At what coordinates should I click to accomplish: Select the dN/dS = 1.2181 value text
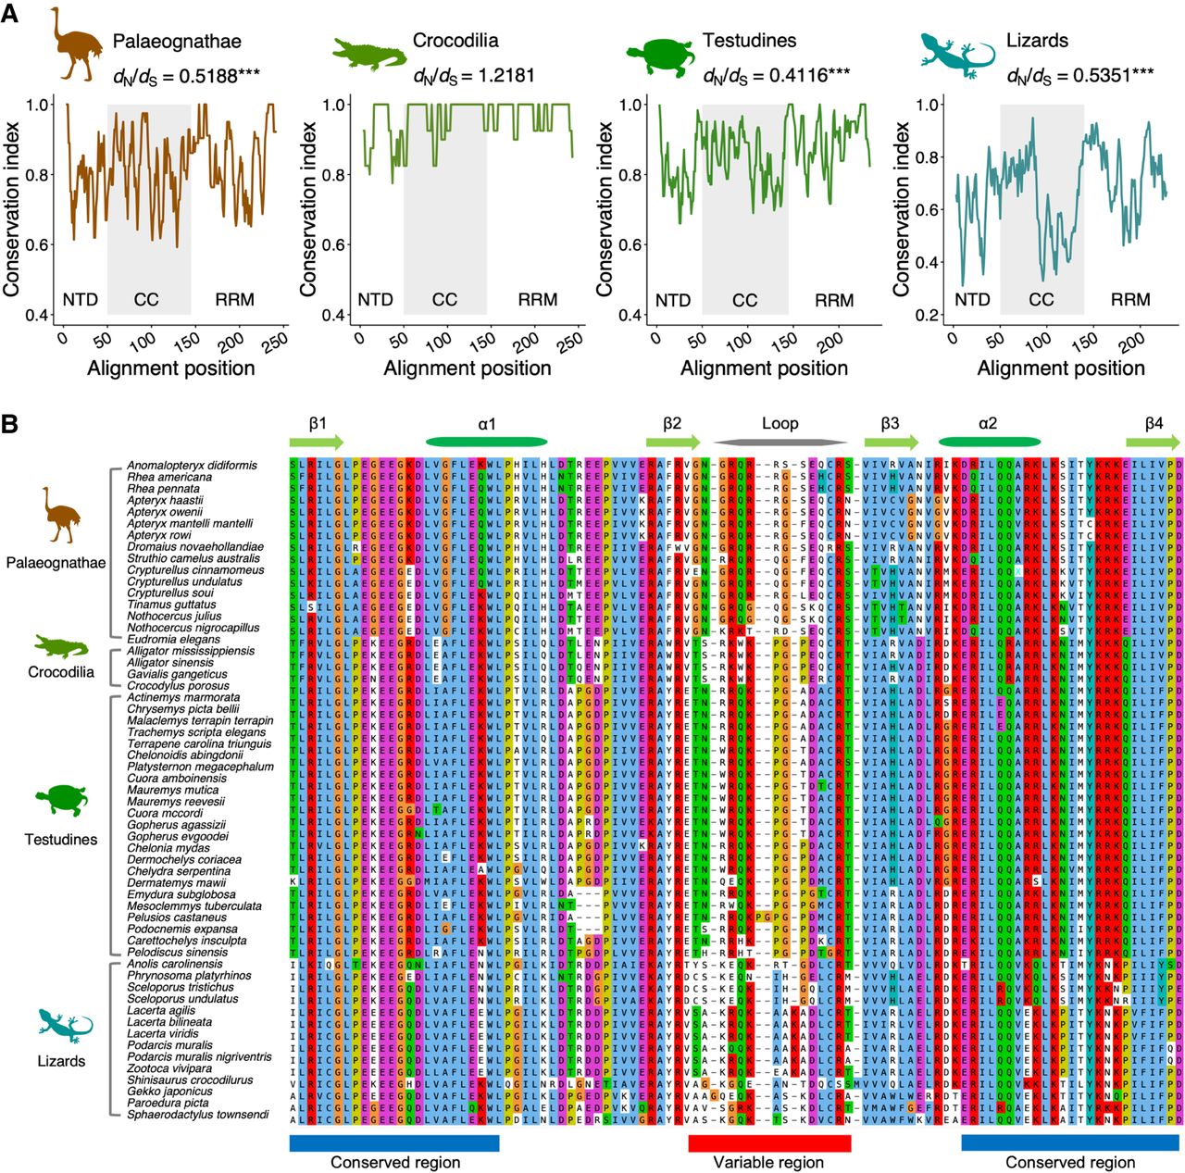(x=474, y=76)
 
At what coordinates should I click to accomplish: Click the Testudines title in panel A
(x=749, y=41)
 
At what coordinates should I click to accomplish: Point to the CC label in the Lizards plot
(x=1042, y=299)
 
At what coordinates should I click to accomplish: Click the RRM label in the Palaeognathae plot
(x=234, y=299)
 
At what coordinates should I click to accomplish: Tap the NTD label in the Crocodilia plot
(x=375, y=299)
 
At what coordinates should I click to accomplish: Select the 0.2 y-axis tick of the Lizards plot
(x=929, y=315)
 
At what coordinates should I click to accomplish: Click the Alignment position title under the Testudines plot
(x=764, y=368)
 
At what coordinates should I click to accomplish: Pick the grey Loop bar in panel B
(x=780, y=443)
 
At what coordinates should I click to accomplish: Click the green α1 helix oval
(x=486, y=443)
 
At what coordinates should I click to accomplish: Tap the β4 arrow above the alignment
(x=1153, y=443)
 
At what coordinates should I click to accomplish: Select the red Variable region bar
(x=768, y=1143)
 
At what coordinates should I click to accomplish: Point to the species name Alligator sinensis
(x=169, y=663)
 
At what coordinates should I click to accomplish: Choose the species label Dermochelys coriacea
(x=184, y=860)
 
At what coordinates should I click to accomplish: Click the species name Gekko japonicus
(x=169, y=1092)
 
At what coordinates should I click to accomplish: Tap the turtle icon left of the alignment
(x=60, y=800)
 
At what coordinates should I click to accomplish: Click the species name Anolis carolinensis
(x=175, y=964)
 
